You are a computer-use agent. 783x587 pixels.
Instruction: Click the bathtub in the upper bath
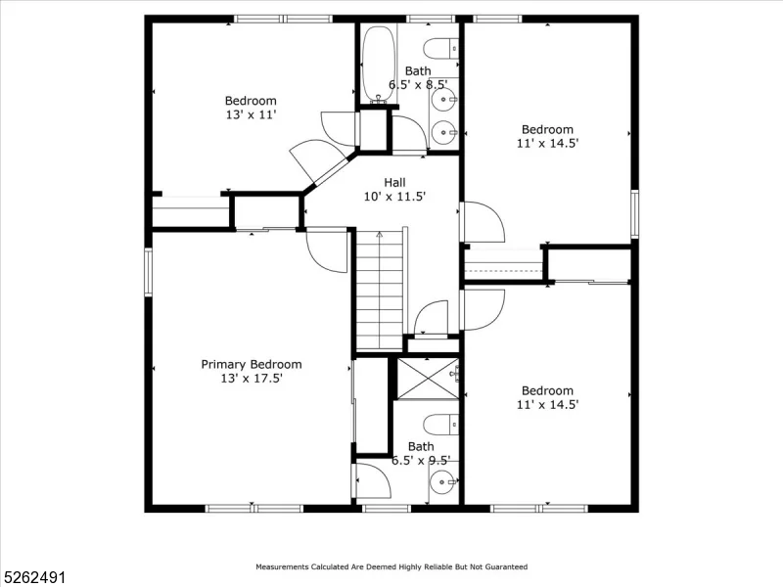point(379,65)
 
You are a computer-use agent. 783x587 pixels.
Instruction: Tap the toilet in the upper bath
point(441,49)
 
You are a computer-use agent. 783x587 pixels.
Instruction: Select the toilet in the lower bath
point(441,425)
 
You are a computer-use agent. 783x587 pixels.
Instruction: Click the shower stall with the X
point(427,379)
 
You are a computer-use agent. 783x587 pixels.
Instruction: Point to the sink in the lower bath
point(443,482)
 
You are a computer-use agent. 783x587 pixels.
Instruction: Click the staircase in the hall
point(380,290)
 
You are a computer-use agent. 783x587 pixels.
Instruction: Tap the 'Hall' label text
point(394,182)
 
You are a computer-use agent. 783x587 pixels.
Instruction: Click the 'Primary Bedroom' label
point(252,364)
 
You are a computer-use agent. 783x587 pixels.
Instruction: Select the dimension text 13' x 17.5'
point(252,379)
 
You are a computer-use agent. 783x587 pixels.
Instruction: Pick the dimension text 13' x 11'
point(251,114)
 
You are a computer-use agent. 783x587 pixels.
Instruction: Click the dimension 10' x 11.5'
point(394,197)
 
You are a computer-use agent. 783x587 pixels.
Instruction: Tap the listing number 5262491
point(33,577)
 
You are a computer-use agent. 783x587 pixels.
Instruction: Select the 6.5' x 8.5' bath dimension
point(418,84)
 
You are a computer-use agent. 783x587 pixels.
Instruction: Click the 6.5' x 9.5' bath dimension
point(421,460)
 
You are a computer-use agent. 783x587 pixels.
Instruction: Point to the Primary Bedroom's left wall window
point(148,272)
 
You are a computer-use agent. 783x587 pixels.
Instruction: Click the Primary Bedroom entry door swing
point(327,250)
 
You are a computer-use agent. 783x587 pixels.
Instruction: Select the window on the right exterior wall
point(634,213)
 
